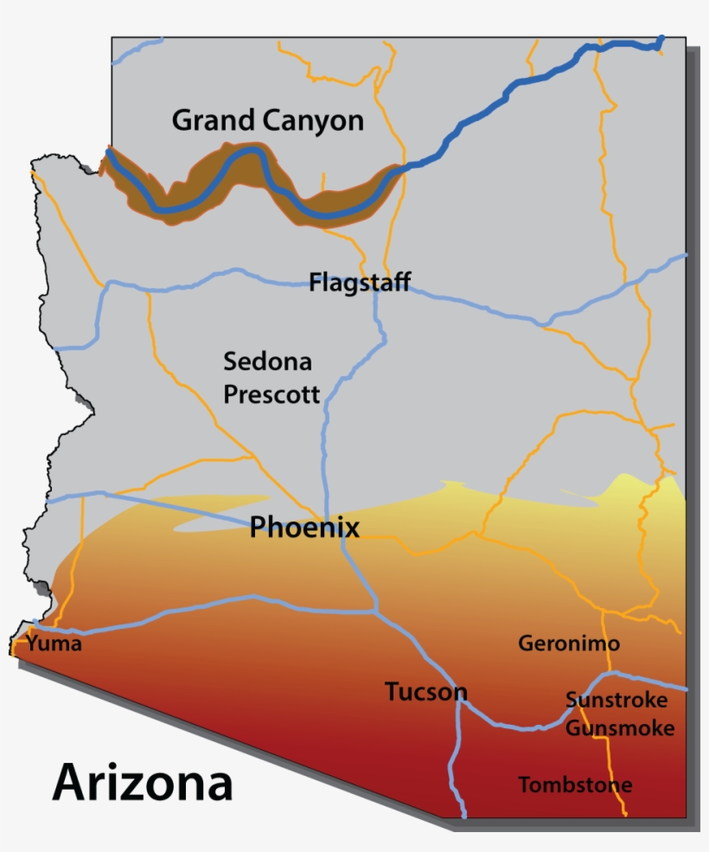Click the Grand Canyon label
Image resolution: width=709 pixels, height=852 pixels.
[268, 121]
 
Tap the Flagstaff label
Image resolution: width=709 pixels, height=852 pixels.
[360, 282]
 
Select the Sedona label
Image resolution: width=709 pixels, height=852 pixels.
[267, 361]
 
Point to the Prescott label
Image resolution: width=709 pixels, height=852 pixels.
[271, 394]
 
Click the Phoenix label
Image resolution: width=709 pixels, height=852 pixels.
[304, 527]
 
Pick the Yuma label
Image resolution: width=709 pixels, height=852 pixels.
[54, 644]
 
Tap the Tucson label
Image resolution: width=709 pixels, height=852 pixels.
[425, 692]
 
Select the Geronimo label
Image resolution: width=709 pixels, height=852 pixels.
[568, 644]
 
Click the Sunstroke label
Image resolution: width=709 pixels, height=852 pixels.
[616, 700]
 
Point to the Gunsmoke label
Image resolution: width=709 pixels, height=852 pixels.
[619, 728]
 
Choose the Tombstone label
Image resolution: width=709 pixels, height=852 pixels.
[574, 785]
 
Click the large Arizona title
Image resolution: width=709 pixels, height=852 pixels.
[143, 783]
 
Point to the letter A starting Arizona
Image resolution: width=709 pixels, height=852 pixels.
[71, 783]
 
